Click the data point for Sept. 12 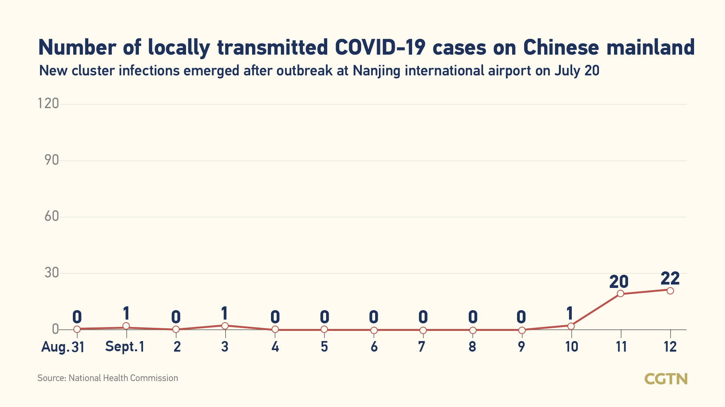point(670,291)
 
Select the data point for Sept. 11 point(620,294)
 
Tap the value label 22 point(670,278)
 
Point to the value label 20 point(619,282)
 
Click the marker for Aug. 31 point(77,329)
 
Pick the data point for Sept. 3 point(225,326)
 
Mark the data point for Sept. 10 point(571,326)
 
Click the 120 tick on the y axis point(48,103)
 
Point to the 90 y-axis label point(52,160)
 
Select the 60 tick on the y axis point(52,216)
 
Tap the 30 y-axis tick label point(52,273)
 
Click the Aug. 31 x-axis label point(63,347)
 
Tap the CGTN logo point(666,379)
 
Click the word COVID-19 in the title point(380,47)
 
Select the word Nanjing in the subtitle point(376,71)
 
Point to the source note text point(108,378)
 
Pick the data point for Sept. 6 point(374,330)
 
